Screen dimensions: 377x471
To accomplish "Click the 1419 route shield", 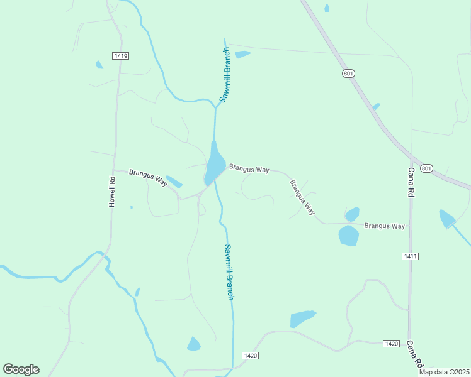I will click(121, 56).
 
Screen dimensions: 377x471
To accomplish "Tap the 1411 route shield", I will click(410, 256).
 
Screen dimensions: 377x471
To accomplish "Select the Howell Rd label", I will click(112, 192).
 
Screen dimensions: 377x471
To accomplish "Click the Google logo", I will click(21, 369).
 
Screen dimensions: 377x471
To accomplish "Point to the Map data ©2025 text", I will click(444, 372).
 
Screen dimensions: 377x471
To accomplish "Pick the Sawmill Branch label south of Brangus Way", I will click(229, 271).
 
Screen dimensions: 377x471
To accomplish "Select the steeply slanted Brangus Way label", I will click(302, 197).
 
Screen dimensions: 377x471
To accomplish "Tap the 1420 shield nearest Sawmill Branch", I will click(250, 356).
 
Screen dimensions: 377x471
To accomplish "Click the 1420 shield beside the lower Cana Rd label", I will click(391, 344).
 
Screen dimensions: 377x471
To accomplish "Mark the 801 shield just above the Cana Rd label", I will click(427, 168).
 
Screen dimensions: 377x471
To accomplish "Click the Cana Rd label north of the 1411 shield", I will click(411, 183).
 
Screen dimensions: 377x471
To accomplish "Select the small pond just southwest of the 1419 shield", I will click(99, 65).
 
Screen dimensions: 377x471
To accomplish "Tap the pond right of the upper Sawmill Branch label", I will click(242, 55).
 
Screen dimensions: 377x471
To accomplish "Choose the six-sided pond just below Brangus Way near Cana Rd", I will click(348, 236).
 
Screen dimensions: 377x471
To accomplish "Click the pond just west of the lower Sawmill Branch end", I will click(194, 344).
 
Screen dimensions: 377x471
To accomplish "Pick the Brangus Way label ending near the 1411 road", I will click(384, 226).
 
